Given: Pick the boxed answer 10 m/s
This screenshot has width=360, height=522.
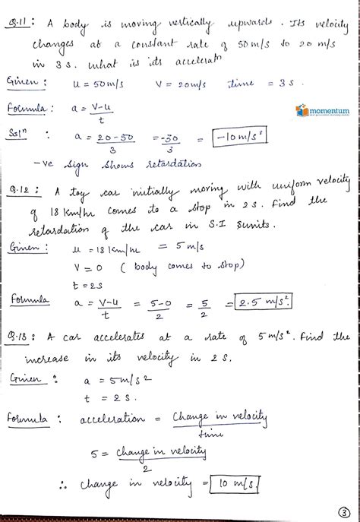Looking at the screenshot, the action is [x=238, y=484].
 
